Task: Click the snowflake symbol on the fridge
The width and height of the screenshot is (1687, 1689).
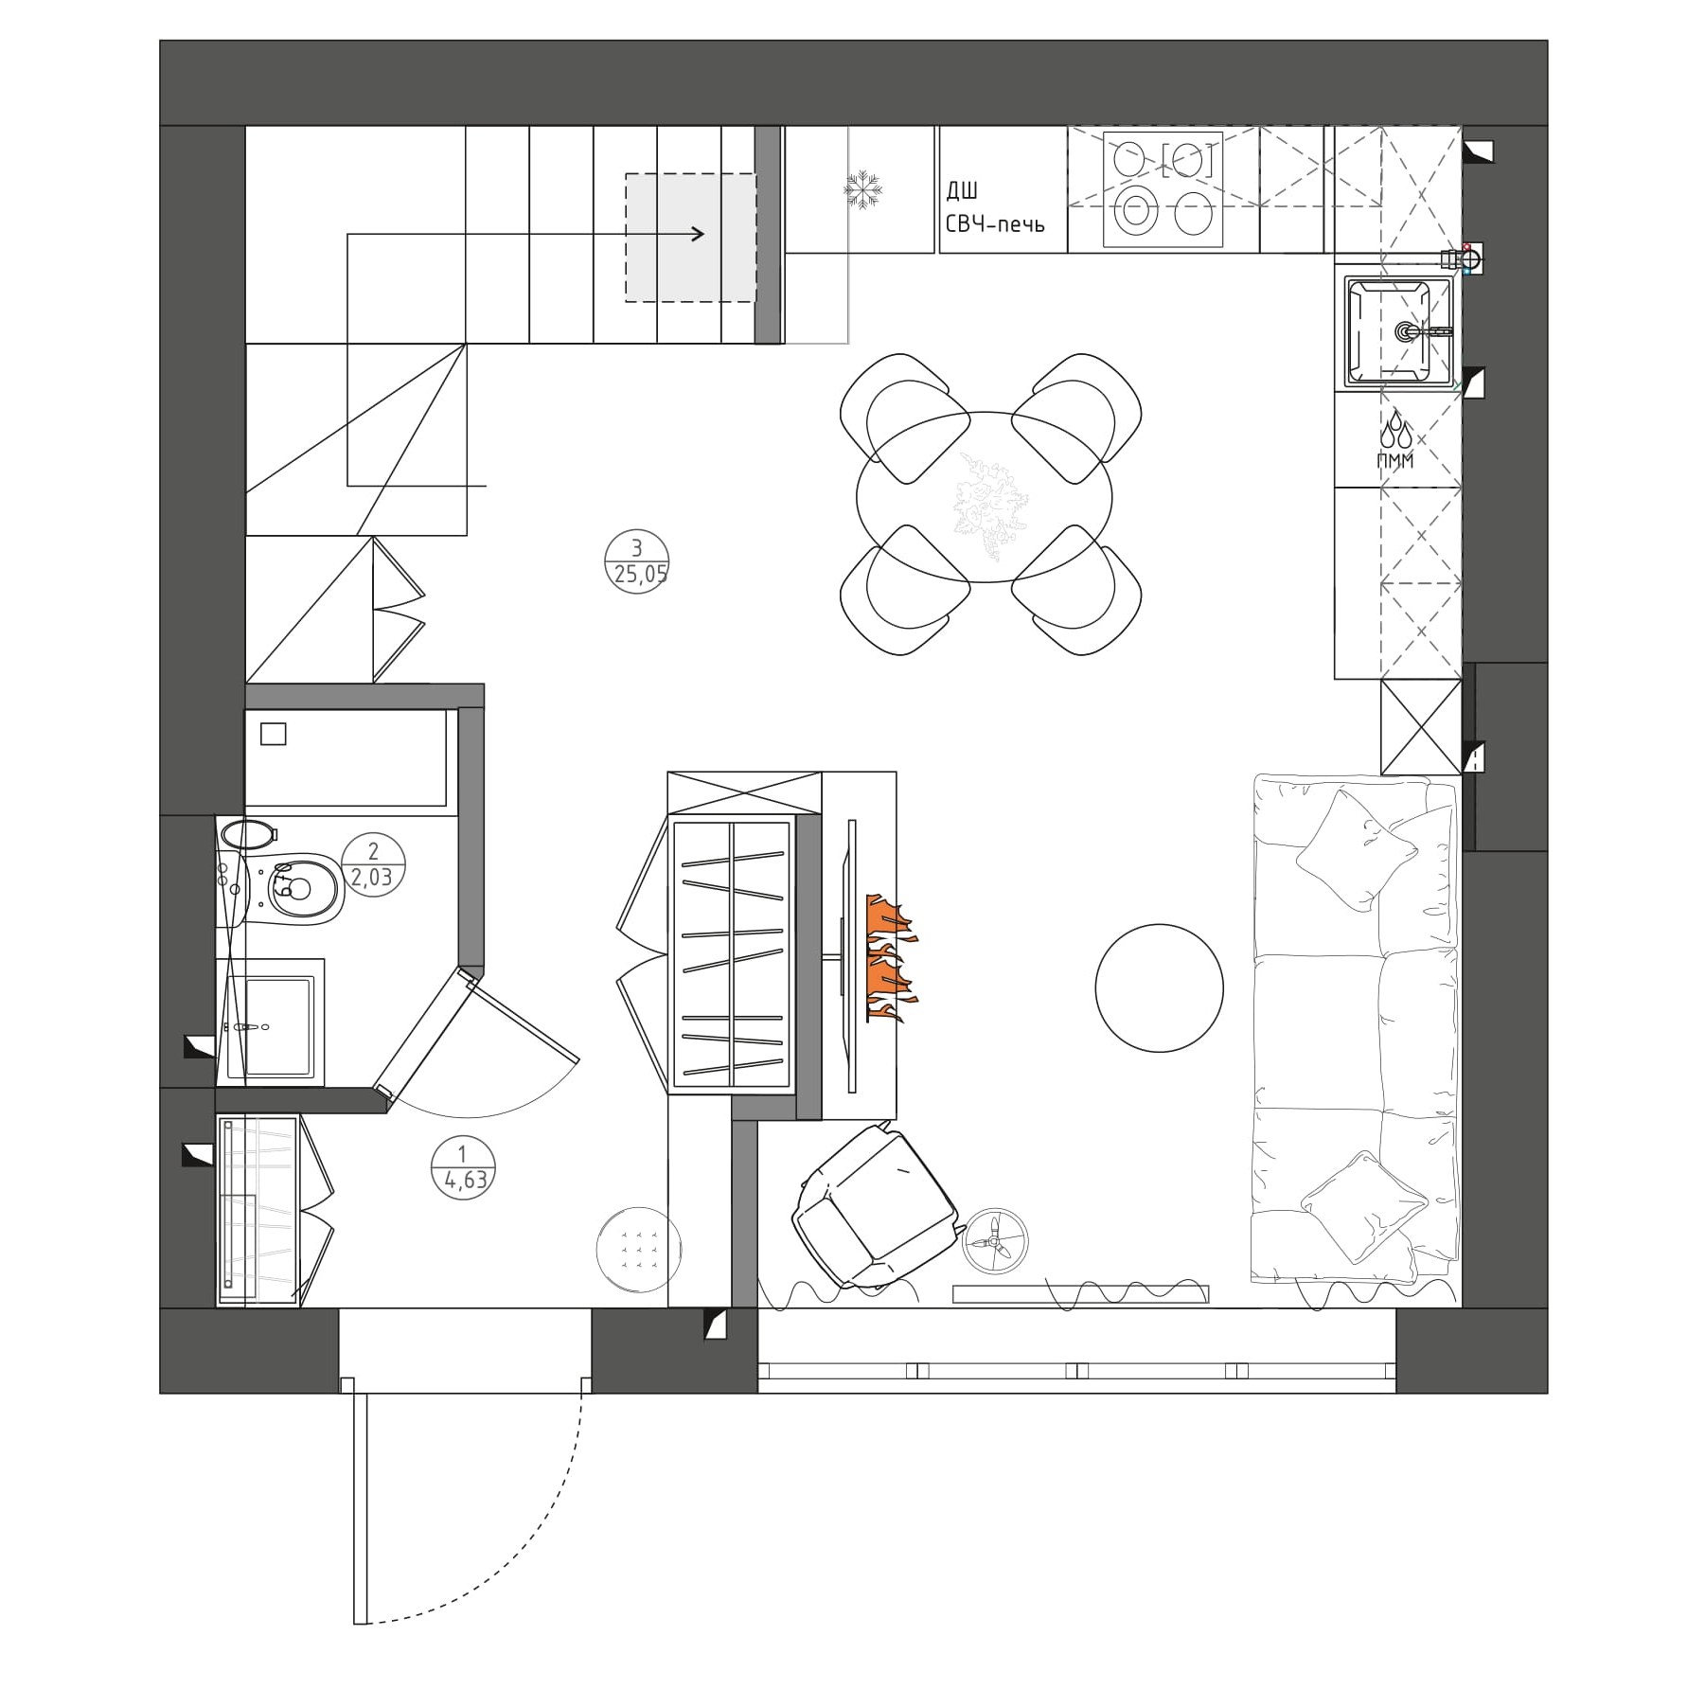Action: point(862,189)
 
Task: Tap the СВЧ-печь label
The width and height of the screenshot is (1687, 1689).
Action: point(995,225)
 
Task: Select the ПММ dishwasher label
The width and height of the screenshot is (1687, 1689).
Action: point(1395,461)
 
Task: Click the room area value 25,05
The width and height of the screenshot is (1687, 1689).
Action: point(636,575)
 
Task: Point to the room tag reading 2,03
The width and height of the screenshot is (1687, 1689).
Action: point(372,878)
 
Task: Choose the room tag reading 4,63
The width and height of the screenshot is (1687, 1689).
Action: point(462,1181)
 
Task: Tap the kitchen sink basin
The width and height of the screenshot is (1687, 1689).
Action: point(1397,332)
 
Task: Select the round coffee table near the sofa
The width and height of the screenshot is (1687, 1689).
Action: point(1159,988)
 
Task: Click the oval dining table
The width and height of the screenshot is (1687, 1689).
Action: point(985,500)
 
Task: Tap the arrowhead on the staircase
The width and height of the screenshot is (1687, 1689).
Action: point(697,234)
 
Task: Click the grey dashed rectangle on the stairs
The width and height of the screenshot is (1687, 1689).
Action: point(690,238)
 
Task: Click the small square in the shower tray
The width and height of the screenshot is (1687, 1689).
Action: point(273,734)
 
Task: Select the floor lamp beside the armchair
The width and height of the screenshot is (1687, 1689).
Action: point(995,1240)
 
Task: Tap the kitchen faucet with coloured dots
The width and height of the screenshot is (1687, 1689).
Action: point(1462,258)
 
